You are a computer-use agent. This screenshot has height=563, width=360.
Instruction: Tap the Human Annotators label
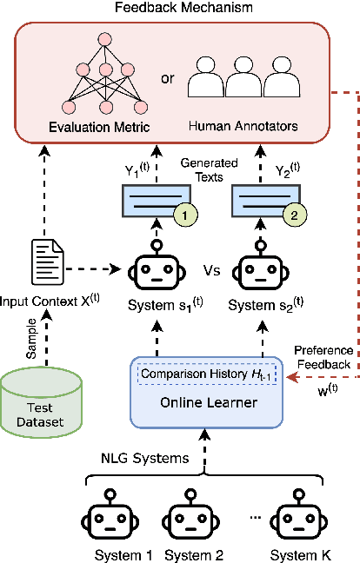[243, 127]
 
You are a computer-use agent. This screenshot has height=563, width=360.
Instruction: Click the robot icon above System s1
[157, 269]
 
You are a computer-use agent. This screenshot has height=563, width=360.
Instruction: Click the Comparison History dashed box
[206, 374]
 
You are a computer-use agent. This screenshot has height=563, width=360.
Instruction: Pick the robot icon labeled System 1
[108, 521]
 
